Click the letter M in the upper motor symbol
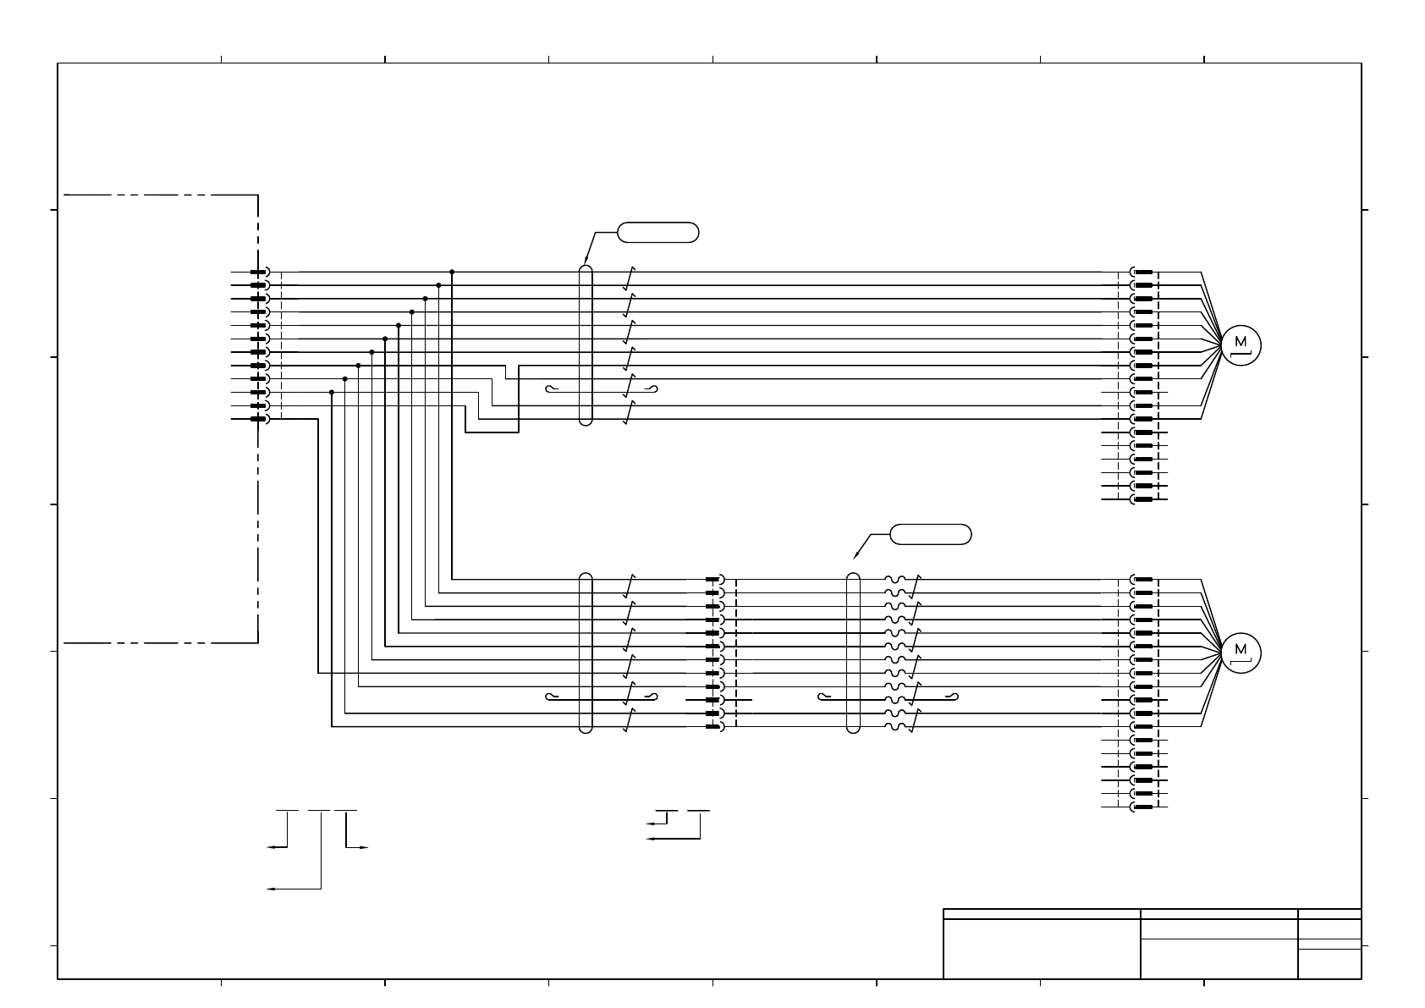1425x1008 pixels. click(1241, 342)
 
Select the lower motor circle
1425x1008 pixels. click(1241, 652)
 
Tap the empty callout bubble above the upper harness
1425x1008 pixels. click(658, 232)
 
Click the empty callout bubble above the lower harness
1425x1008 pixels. click(931, 534)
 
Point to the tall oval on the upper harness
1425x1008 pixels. click(586, 345)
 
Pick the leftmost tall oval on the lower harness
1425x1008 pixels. click(586, 653)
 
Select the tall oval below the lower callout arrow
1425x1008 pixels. click(853, 653)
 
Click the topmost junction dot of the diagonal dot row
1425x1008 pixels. click(452, 272)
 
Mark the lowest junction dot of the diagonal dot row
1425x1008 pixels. click(332, 392)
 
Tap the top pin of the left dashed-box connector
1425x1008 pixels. click(259, 272)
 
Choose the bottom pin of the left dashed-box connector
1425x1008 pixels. click(259, 419)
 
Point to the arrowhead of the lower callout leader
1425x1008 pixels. click(856, 556)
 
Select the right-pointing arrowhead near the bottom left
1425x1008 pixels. click(365, 847)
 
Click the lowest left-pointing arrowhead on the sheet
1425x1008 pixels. click(270, 889)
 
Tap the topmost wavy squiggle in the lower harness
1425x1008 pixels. click(897, 580)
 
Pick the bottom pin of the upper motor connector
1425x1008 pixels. click(1143, 499)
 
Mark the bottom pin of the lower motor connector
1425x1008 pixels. click(1143, 807)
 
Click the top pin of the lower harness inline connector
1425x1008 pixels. click(712, 580)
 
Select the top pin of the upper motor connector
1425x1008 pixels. click(1143, 272)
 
